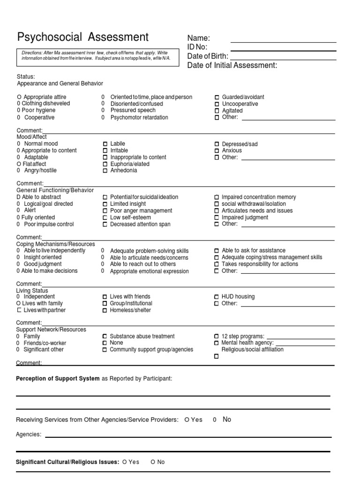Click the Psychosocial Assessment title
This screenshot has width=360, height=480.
[x=82, y=37]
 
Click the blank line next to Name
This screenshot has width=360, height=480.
[x=283, y=42]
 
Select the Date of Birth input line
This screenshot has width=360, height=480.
[x=283, y=60]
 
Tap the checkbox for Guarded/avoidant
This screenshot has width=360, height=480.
[x=217, y=97]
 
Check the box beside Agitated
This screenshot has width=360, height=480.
[x=217, y=111]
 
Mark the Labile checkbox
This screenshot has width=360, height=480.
[x=105, y=144]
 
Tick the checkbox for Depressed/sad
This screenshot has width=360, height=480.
[x=217, y=144]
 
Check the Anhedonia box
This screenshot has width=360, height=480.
[x=105, y=171]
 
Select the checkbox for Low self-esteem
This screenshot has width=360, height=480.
[x=105, y=217]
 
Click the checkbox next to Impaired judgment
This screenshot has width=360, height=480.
[x=217, y=217]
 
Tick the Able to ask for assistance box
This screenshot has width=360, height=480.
[x=217, y=251]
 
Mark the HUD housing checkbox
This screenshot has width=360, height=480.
[x=217, y=297]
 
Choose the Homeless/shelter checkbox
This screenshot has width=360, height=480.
[x=105, y=310]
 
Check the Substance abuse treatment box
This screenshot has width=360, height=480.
[x=105, y=337]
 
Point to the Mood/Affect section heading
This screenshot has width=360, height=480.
[x=32, y=137]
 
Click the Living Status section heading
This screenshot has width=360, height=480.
[x=32, y=291]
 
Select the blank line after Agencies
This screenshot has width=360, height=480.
[x=187, y=437]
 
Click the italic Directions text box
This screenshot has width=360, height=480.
[x=97, y=56]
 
